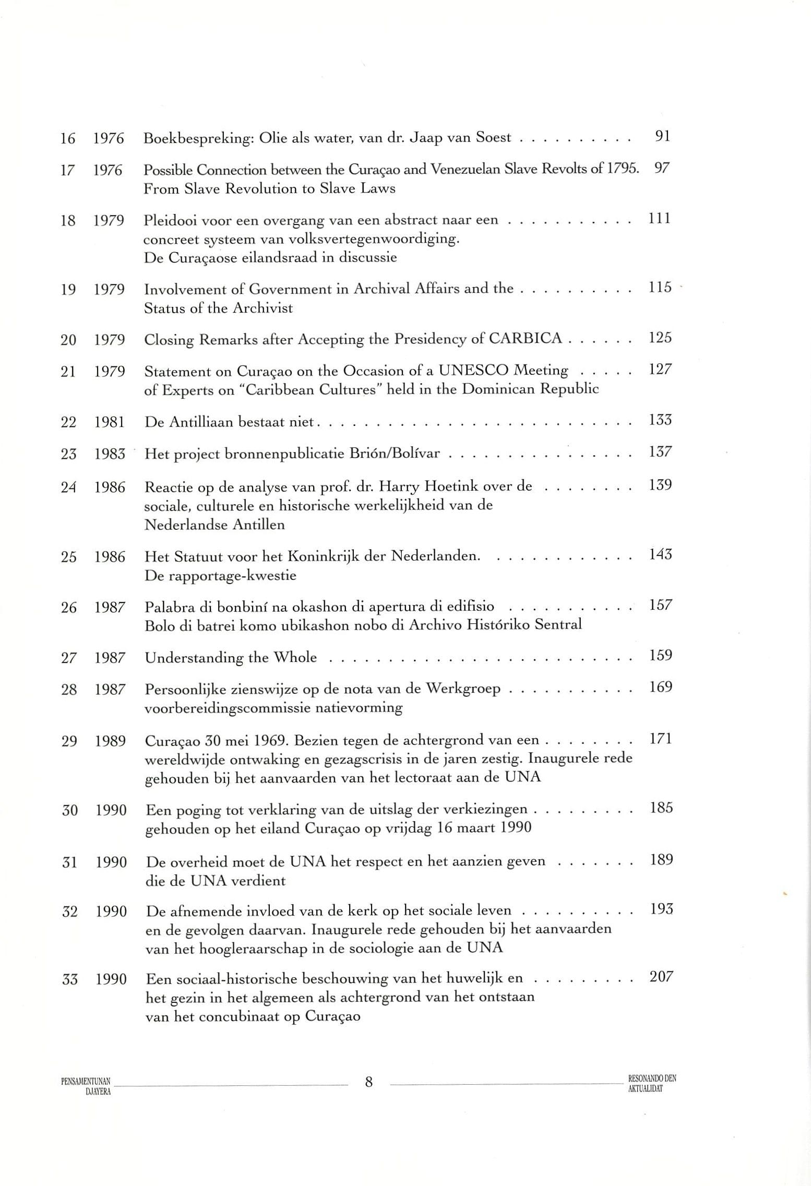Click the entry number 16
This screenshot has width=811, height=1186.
(68, 139)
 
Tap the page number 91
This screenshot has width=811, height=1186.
(662, 136)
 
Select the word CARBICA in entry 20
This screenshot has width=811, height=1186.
(525, 339)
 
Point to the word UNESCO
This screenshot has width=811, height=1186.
(473, 370)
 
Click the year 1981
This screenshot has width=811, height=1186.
(110, 422)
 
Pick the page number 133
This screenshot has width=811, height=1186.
(660, 420)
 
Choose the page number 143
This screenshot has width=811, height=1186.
(660, 554)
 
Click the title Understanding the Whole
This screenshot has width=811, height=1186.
(231, 657)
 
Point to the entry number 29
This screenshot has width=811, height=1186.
(69, 741)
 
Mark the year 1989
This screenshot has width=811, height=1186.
(110, 741)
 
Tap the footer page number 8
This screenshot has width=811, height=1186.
(368, 1082)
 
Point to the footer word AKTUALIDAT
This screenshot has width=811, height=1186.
(646, 1089)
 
